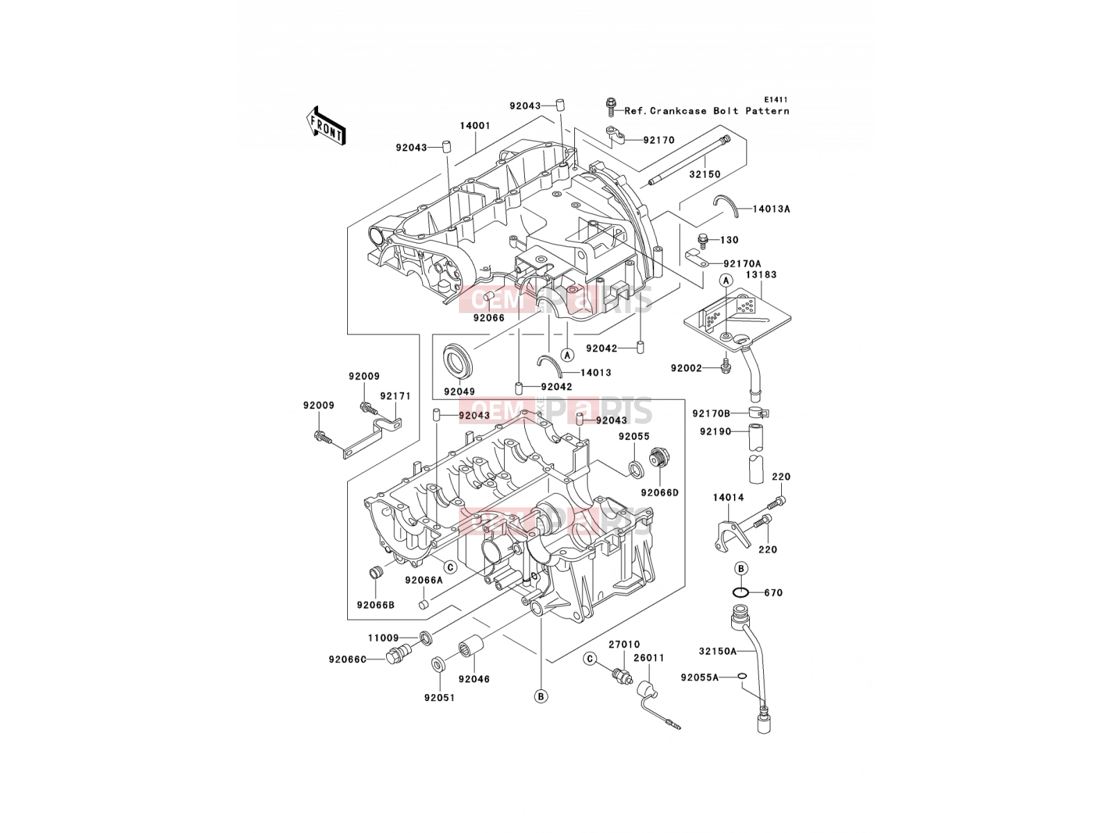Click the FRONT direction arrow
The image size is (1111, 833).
click(326, 126)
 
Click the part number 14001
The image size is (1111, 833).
click(475, 126)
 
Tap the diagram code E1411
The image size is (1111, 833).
click(776, 100)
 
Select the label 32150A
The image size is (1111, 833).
click(718, 651)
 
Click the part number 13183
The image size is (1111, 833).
click(761, 275)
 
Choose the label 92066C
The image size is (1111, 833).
click(347, 659)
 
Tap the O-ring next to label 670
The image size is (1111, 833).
click(741, 592)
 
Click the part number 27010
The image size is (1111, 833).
click(624, 644)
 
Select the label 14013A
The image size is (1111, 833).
click(771, 208)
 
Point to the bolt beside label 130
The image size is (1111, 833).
click(703, 241)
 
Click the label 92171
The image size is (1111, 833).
click(395, 396)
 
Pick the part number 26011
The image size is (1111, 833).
click(649, 657)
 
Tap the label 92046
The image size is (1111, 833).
click(474, 680)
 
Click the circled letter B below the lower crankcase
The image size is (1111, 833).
click(541, 696)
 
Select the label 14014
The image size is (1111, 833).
click(728, 497)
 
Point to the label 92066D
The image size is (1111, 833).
click(660, 493)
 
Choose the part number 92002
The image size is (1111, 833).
click(686, 368)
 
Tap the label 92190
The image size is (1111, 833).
click(715, 431)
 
